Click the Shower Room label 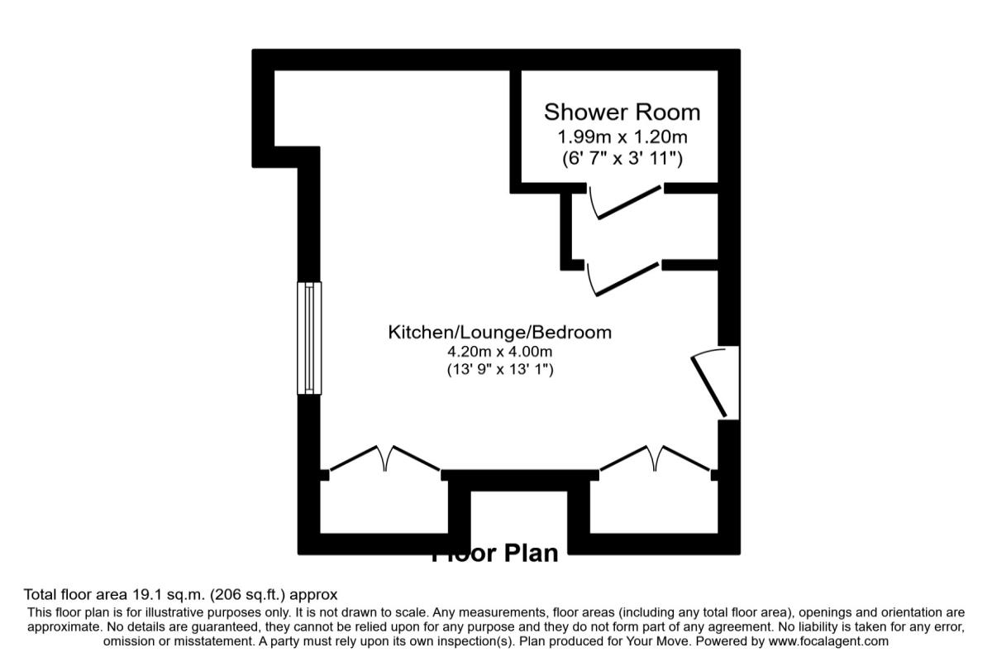coord(621,112)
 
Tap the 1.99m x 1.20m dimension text coord(622,136)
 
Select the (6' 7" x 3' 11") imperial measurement coord(622,157)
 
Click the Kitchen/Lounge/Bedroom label coord(499,333)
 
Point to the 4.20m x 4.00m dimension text coord(499,352)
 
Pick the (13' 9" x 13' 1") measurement coord(499,369)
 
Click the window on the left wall coord(309,338)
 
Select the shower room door coord(625,202)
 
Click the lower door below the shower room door coord(622,278)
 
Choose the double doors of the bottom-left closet coord(384,458)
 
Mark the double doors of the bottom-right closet coord(656,458)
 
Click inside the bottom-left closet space coord(384,506)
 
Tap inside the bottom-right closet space coord(653,506)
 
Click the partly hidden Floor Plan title coord(495,553)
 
